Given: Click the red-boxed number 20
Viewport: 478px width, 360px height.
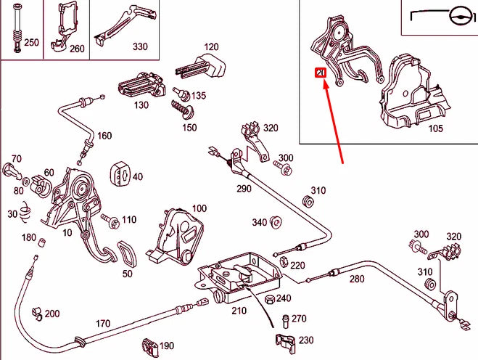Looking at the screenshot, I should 319,73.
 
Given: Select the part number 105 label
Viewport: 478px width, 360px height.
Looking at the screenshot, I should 435,129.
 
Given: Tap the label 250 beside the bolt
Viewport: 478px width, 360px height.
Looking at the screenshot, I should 31,43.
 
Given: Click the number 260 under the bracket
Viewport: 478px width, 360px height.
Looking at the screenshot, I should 77,49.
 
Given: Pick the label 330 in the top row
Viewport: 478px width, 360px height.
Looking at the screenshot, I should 139,46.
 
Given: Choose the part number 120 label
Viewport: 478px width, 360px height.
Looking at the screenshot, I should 210,46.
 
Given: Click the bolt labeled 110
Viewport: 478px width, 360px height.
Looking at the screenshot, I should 110,219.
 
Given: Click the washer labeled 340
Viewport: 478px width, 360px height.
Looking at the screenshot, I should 275,222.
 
